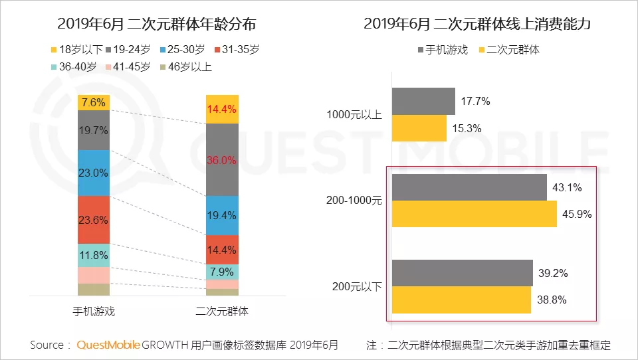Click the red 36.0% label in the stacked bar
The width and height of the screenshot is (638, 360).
click(222, 160)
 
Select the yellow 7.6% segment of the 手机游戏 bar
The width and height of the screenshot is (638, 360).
click(94, 102)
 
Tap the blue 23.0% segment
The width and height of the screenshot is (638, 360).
click(94, 173)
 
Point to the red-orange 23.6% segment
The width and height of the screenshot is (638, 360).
click(94, 220)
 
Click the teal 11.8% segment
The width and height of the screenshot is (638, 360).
click(94, 255)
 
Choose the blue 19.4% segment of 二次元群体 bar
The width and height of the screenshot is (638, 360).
click(222, 215)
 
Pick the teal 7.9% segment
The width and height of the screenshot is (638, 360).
click(222, 272)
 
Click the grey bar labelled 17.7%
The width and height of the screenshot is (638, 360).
click(423, 101)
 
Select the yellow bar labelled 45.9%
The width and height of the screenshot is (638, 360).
click(474, 214)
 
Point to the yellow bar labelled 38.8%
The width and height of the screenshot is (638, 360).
click(461, 300)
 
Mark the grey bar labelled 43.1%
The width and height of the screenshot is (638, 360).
click(469, 187)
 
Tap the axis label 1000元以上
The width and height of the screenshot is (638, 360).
click(354, 114)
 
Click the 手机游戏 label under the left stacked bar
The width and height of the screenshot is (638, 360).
click(94, 311)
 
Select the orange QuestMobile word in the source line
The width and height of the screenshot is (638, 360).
click(108, 345)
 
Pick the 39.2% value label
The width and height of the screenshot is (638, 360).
click(554, 273)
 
